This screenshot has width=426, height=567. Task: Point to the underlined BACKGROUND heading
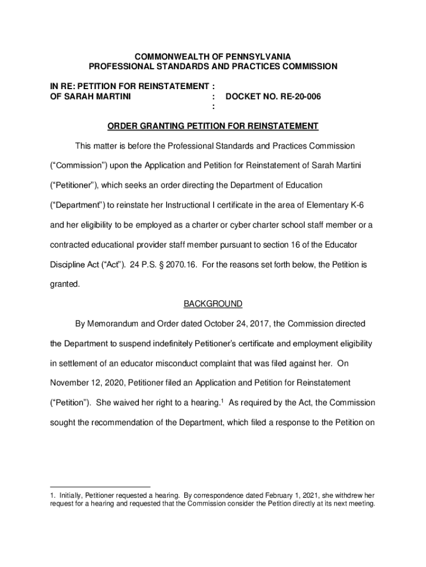point(213,303)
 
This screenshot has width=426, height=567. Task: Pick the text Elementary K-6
point(337,205)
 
